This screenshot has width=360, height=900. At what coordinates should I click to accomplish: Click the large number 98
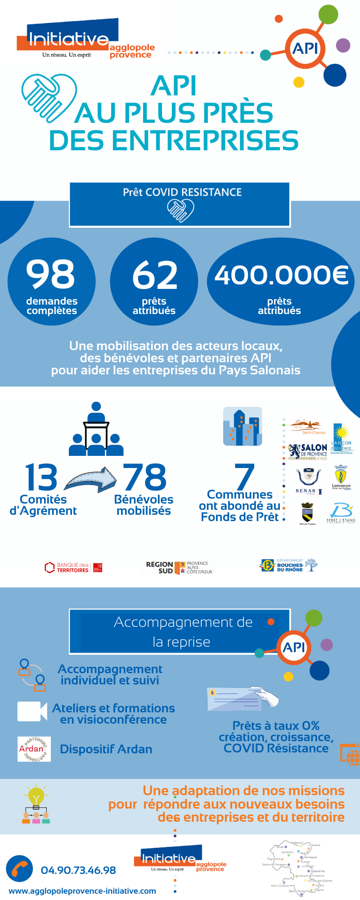[50, 274]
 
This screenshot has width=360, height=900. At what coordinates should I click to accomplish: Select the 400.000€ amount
[281, 275]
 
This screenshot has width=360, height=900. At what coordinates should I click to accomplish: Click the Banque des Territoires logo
[73, 567]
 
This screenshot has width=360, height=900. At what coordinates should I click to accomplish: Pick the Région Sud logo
[179, 567]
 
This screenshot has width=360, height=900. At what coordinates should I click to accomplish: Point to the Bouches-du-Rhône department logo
[288, 565]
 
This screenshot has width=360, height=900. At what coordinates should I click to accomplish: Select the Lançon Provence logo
[341, 439]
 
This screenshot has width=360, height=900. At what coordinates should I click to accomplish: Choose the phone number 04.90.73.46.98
[78, 870]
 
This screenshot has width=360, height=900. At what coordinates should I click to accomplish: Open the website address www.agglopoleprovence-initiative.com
[82, 891]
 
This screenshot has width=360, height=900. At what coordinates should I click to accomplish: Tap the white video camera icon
[32, 711]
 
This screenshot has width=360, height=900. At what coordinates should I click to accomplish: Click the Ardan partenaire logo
[34, 749]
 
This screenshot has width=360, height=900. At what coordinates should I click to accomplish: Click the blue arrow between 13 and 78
[90, 479]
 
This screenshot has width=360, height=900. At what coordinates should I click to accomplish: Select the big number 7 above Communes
[244, 477]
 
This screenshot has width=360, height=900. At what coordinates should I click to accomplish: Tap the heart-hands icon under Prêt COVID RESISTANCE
[180, 210]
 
